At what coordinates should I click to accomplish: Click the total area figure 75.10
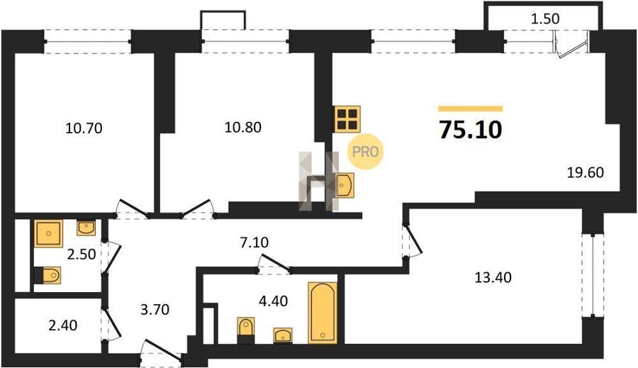pos(471,130)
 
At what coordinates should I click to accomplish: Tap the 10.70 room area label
pos(84,128)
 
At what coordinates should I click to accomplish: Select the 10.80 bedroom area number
pos(243,128)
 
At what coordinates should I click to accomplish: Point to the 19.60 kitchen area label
pos(586,172)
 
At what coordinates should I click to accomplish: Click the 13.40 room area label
pos(493,278)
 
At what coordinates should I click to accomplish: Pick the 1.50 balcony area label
pos(546,18)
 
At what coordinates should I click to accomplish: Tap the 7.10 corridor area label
pos(254,242)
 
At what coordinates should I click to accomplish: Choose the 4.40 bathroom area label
pos(273,301)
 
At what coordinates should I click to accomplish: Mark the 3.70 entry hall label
pos(155,310)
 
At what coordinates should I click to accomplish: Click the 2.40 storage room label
pos(62,325)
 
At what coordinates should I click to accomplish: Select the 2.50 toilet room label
pos(82,255)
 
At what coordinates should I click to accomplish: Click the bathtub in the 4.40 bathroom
pos(323,312)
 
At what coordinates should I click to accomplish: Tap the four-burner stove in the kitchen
pos(347,119)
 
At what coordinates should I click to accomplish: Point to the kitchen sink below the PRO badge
pos(345,185)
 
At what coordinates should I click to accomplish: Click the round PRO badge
pos(365,152)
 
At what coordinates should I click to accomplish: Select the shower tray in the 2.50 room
pos(49,233)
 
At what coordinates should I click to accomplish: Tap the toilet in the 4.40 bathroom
pos(246,330)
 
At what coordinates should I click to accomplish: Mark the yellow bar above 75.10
pos(471,108)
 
